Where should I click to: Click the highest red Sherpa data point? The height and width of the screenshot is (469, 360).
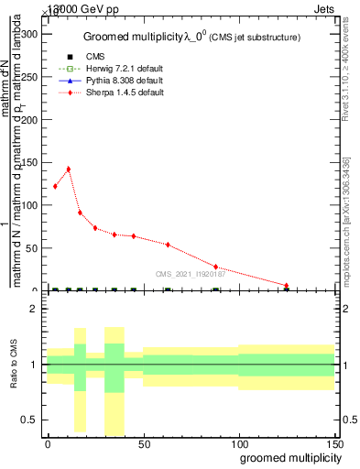(x=68, y=169)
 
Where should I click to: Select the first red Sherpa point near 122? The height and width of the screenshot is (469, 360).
(x=56, y=186)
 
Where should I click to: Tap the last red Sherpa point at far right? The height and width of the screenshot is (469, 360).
(x=287, y=286)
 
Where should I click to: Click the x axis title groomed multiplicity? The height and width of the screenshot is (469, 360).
(x=288, y=457)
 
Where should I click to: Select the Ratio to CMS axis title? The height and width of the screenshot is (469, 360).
(x=13, y=365)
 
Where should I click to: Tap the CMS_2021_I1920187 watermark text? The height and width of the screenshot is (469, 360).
(x=189, y=273)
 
